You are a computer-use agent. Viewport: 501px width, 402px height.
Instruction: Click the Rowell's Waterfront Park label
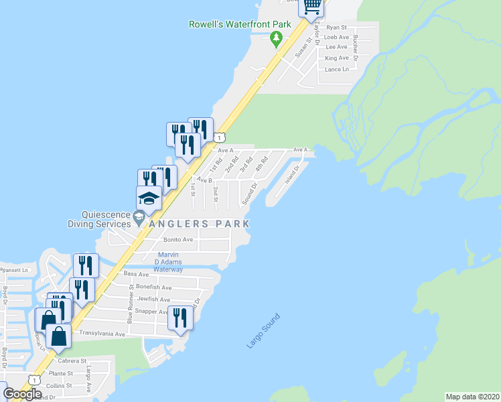(x=239, y=25)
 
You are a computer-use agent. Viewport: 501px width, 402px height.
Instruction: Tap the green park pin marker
(x=275, y=40)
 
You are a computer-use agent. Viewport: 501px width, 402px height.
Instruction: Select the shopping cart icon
(x=311, y=7)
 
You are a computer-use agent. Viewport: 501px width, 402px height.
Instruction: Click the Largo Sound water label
(x=263, y=330)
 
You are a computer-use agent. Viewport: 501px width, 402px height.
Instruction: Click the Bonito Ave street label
(x=178, y=239)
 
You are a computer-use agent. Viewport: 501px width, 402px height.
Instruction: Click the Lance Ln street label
(x=337, y=69)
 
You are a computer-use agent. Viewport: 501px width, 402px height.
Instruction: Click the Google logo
(x=23, y=393)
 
